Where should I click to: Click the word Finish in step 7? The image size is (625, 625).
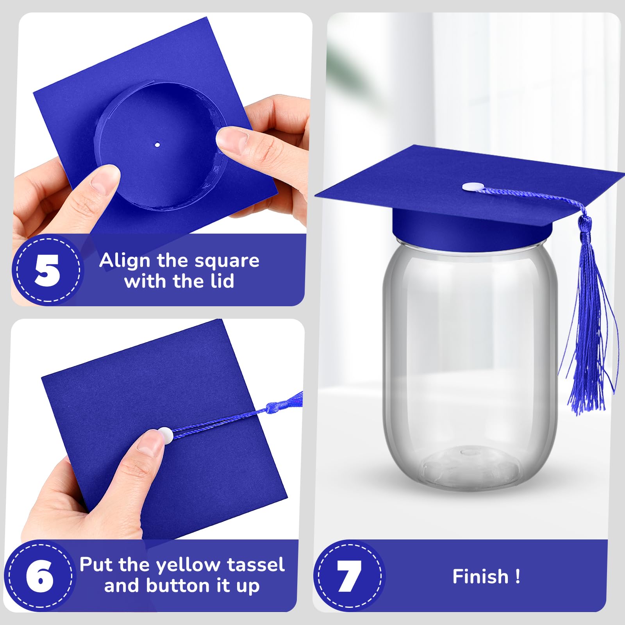click(x=480, y=577)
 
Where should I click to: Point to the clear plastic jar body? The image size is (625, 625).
click(x=469, y=352)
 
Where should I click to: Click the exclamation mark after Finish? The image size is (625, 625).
click(x=518, y=577)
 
